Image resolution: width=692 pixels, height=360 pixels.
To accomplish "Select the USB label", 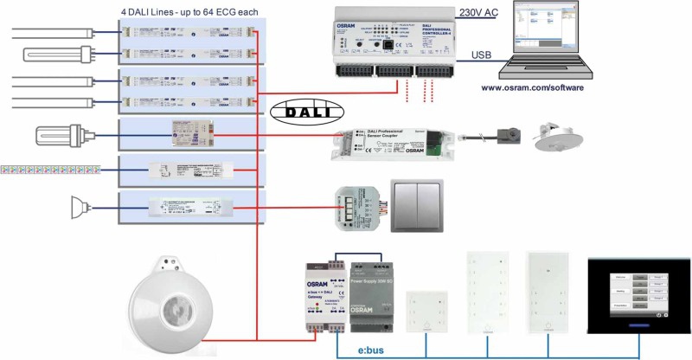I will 483,56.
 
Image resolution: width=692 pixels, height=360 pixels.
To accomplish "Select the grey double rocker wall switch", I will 417,205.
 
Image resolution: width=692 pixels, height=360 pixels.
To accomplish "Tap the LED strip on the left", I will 52,167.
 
